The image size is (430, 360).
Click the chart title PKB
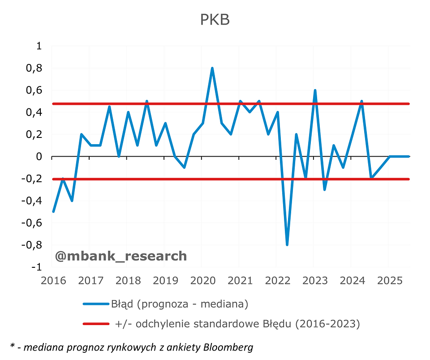215,20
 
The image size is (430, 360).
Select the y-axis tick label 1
39,46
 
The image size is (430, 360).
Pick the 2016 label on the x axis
53,281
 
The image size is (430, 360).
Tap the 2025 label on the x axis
389,281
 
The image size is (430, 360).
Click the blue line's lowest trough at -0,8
287,244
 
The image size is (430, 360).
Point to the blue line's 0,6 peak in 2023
315,90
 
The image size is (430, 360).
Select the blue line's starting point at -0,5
53,211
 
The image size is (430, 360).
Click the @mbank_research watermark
120,256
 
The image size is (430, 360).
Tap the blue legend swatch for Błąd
96,304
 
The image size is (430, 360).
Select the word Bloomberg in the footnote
229,347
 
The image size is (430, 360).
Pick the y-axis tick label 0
39,157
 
